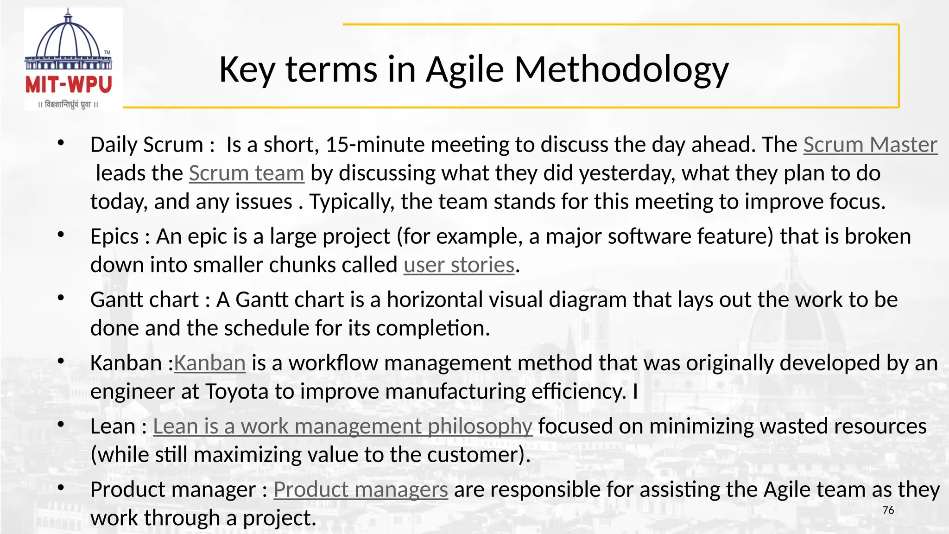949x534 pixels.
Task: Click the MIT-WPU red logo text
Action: (69, 84)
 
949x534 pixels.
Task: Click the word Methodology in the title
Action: (621, 70)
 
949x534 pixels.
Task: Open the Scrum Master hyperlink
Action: (870, 145)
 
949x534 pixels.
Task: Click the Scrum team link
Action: (247, 173)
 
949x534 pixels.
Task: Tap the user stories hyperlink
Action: (459, 265)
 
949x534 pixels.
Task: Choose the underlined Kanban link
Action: (210, 363)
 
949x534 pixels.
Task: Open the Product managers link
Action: (361, 489)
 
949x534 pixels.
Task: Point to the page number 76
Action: (888, 510)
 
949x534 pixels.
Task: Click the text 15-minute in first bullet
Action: (375, 145)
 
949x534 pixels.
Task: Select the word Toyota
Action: (236, 392)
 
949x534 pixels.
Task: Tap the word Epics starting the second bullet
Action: (114, 236)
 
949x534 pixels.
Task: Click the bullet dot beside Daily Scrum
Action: (61, 143)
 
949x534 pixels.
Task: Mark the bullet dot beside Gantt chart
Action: (61, 298)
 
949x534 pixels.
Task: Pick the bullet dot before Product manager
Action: (61, 488)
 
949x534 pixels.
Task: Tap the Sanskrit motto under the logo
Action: (69, 105)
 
